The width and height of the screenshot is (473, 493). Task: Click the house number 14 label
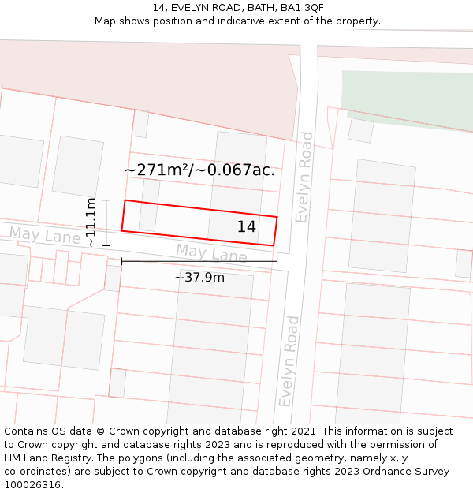pyautogui.click(x=247, y=227)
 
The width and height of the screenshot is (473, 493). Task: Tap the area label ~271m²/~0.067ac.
pyautogui.click(x=199, y=170)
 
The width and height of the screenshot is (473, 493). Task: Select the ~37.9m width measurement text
pyautogui.click(x=199, y=277)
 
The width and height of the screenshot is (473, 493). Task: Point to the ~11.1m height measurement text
pyautogui.click(x=91, y=222)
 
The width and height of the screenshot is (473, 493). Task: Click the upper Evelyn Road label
pyautogui.click(x=304, y=177)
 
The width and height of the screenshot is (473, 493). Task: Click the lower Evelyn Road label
pyautogui.click(x=289, y=360)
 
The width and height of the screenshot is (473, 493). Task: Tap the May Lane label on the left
pyautogui.click(x=45, y=236)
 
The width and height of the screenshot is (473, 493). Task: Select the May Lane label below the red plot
pyautogui.click(x=211, y=254)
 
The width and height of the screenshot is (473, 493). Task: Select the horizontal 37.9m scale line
pyautogui.click(x=199, y=261)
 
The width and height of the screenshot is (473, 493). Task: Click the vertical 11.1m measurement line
pyautogui.click(x=106, y=222)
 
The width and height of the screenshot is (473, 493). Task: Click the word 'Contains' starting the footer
pyautogui.click(x=28, y=431)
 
